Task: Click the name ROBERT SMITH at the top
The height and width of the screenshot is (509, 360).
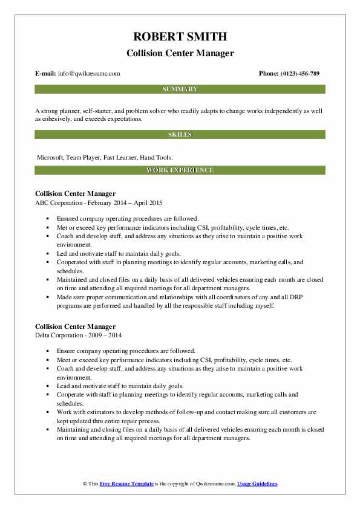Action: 180,37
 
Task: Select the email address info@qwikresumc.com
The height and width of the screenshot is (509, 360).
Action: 89,74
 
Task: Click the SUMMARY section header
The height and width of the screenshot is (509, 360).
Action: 180,89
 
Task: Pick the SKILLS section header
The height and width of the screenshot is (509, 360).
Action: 180,134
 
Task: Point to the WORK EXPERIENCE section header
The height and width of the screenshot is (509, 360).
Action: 180,170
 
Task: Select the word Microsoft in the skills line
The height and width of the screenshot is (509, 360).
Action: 51,157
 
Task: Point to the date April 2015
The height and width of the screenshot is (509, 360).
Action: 149,203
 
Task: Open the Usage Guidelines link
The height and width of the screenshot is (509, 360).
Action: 257,484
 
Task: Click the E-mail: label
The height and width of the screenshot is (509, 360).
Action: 46,74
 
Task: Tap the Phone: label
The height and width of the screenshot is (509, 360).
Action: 268,74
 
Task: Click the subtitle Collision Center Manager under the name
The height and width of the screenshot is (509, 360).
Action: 180,54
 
